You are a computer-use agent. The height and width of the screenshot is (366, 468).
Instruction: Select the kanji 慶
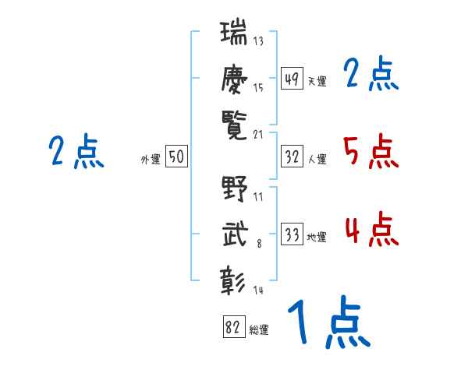pyautogui.click(x=234, y=79)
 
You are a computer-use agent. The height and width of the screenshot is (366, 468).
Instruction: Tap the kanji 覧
pyautogui.click(x=234, y=125)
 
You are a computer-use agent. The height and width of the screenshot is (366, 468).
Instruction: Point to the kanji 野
pyautogui.click(x=235, y=188)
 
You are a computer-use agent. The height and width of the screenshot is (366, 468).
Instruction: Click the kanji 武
pyautogui.click(x=236, y=234)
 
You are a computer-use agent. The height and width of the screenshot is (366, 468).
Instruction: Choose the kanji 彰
pyautogui.click(x=232, y=280)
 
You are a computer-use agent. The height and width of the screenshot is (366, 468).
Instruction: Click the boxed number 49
pyautogui.click(x=292, y=78)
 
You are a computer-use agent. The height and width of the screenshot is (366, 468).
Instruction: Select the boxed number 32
pyautogui.click(x=292, y=157)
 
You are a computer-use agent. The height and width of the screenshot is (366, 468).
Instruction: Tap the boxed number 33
pyautogui.click(x=292, y=234)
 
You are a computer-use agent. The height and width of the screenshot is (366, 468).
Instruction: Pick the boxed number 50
pyautogui.click(x=176, y=156)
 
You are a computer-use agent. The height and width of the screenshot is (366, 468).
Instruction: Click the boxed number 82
pyautogui.click(x=234, y=326)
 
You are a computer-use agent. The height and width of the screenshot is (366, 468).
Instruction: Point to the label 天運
pyautogui.click(x=317, y=81)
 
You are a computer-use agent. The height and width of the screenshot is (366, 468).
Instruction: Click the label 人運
pyautogui.click(x=317, y=159)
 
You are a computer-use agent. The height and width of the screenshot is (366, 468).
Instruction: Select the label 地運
pyautogui.click(x=317, y=238)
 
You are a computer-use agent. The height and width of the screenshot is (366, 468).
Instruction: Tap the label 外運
pyautogui.click(x=151, y=159)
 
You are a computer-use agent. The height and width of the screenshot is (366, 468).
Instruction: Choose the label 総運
pyautogui.click(x=259, y=330)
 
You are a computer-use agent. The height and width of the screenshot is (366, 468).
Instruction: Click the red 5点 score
pyautogui.click(x=370, y=151)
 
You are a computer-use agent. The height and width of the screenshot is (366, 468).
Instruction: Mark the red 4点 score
pyautogui.click(x=371, y=229)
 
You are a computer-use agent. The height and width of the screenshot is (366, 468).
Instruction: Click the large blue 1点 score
pyautogui.click(x=329, y=322)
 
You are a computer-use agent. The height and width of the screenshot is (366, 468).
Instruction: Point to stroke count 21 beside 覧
pyautogui.click(x=258, y=135)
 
